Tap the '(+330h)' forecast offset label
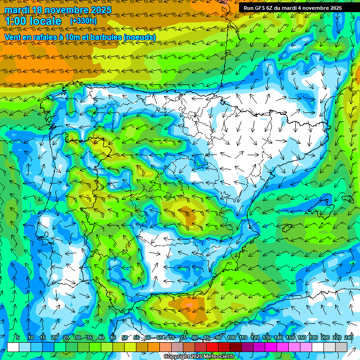tap(83, 21)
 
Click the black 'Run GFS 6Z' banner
tap(292, 7)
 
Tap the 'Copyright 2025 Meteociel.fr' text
tap(199, 357)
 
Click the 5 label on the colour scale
tap(18, 337)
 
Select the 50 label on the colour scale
tap(124, 337)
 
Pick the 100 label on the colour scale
tap(231, 337)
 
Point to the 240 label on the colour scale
tap(349, 337)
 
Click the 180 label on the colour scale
tap(313, 337)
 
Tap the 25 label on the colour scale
tap(66, 337)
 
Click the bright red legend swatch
tap(213, 347)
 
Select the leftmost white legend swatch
tap(13, 347)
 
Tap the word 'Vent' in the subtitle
tap(13, 37)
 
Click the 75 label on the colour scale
tap(183, 337)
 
